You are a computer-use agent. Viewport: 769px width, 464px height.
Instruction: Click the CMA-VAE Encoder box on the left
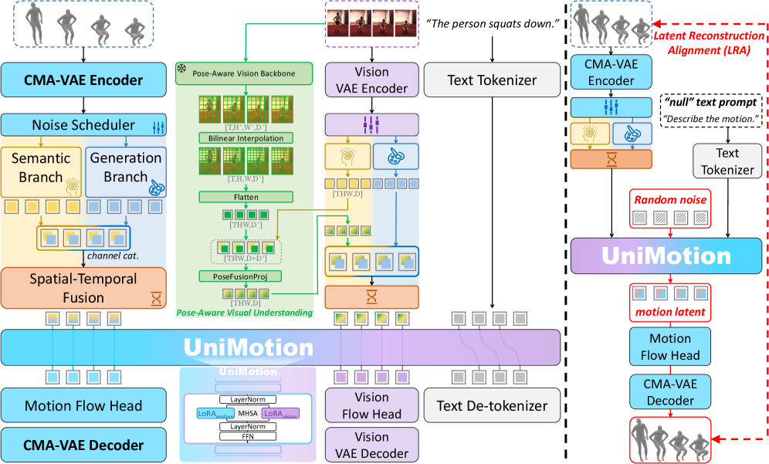(83, 80)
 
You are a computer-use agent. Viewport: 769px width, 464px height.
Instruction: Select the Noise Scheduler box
(83, 125)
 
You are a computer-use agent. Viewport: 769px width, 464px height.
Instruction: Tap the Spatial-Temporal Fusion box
(83, 288)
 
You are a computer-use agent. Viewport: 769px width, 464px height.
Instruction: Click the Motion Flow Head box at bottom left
(83, 405)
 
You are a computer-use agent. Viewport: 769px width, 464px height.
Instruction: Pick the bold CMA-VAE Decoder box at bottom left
(83, 445)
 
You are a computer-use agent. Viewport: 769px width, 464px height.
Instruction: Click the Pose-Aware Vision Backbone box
(245, 74)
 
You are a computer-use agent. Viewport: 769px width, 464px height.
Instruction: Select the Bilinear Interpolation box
(245, 138)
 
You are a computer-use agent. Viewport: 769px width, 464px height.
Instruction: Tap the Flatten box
(245, 197)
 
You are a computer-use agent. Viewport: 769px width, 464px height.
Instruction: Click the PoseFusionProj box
(245, 276)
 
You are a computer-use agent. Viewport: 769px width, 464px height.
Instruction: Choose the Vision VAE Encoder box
(371, 80)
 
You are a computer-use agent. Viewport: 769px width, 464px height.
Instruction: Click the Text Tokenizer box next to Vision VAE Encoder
(492, 80)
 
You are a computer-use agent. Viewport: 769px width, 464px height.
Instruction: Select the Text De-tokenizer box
(492, 405)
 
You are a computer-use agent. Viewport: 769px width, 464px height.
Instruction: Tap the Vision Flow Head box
(371, 405)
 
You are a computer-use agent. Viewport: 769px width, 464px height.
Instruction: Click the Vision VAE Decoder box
(371, 445)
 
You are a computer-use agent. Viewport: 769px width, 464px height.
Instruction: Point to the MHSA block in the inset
(246, 413)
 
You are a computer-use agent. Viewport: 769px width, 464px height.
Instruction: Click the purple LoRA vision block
(279, 414)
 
